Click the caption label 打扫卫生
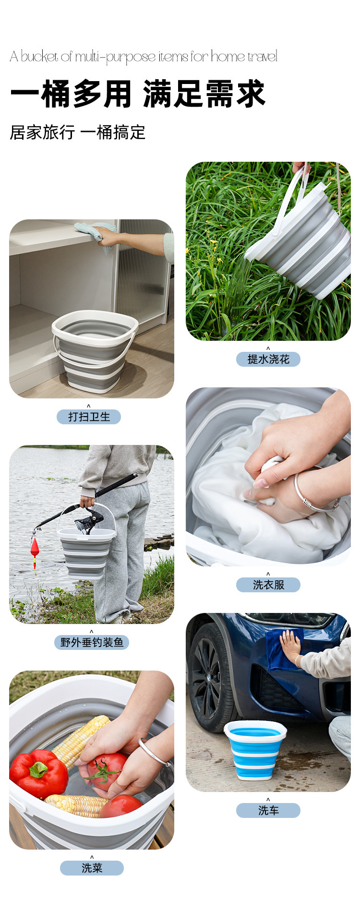[89, 417]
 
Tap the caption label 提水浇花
[268, 359]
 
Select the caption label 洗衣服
[268, 585]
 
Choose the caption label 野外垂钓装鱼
[92, 642]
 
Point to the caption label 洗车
[268, 810]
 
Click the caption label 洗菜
[92, 868]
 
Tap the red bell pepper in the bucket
[38, 773]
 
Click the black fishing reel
[90, 521]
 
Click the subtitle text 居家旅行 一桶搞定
[77, 132]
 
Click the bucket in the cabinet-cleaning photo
[95, 351]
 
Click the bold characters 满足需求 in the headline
[204, 94]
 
